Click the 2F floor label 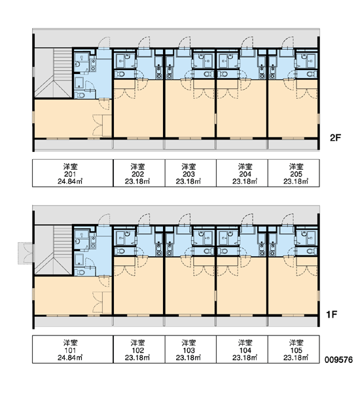(x=335, y=138)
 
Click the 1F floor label (x=332, y=314)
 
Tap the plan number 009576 (x=338, y=360)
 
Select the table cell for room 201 (x=73, y=173)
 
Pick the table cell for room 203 (x=190, y=173)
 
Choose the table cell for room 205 (x=294, y=173)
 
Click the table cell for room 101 (x=73, y=349)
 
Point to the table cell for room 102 (x=139, y=349)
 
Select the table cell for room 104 (x=242, y=349)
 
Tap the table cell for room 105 (x=294, y=349)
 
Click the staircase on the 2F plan (x=54, y=73)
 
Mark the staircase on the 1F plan (x=54, y=250)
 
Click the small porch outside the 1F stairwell (x=25, y=253)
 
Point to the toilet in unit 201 (x=81, y=96)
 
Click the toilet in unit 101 (x=81, y=272)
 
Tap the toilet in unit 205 (x=311, y=74)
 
